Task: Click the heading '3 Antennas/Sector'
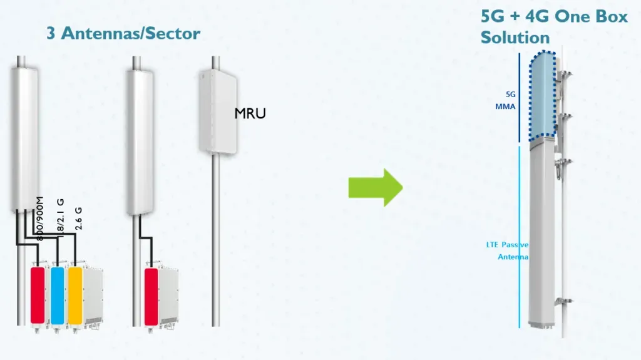pyautogui.click(x=123, y=33)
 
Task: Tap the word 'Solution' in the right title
pyautogui.click(x=515, y=37)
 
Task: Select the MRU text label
pyautogui.click(x=250, y=113)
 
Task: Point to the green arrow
pyautogui.click(x=374, y=187)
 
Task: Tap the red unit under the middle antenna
pyautogui.click(x=151, y=296)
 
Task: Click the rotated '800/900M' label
pyautogui.click(x=40, y=219)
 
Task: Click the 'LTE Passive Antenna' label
pyautogui.click(x=507, y=250)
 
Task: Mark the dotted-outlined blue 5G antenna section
pyautogui.click(x=542, y=95)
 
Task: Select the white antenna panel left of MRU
pyautogui.click(x=141, y=141)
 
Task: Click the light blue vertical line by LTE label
pyautogui.click(x=520, y=238)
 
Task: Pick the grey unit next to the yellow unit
pyautogui.click(x=93, y=296)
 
